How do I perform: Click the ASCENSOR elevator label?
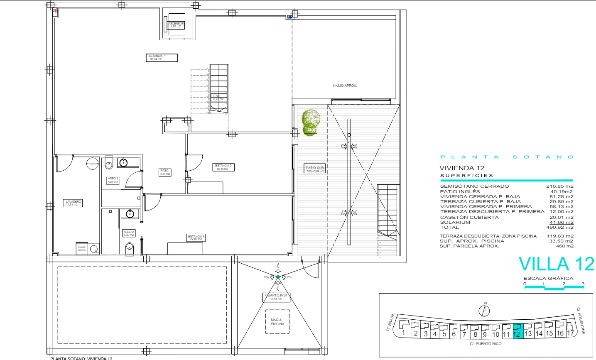pos(176,25)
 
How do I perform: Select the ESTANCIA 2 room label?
pos(223,167)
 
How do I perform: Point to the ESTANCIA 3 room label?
pos(196,238)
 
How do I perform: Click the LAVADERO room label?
pos(74,203)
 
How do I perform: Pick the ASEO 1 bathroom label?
pos(113,180)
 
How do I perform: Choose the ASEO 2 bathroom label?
pos(129,233)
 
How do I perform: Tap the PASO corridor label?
pos(165,172)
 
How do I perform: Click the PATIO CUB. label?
pos(315,169)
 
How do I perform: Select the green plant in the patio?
pos(311,122)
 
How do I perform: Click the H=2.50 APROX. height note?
pos(345,86)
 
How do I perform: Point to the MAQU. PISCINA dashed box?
pos(277,322)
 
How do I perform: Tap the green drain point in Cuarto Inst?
pos(278,277)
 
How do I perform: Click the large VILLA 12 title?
pos(556,264)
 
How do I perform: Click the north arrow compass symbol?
pos(484,310)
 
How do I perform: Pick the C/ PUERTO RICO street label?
pos(486,344)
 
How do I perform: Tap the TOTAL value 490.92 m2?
pos(559,228)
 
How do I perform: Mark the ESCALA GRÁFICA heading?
pos(548,278)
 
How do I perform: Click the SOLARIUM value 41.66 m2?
pos(561,223)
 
